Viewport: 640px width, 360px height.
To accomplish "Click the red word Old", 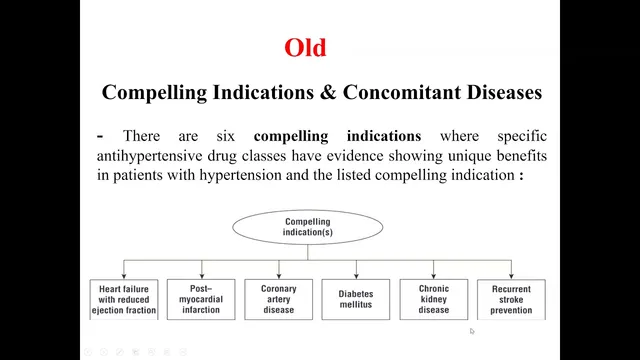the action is [x=305, y=47].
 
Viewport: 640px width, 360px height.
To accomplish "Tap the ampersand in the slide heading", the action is [x=328, y=92].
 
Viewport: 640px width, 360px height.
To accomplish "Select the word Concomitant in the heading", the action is [x=402, y=92].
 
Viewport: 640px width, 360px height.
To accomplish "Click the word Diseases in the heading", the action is [x=504, y=92].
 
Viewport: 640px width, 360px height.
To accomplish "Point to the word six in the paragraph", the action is [x=226, y=136].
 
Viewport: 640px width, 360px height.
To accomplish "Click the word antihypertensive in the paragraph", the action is [x=150, y=156].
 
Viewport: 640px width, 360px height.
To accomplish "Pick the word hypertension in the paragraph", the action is [x=240, y=176].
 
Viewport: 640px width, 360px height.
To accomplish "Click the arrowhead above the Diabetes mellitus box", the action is [x=356, y=276].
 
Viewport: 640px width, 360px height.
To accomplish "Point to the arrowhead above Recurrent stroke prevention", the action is [x=511, y=276].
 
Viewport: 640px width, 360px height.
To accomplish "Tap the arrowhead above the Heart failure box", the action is [x=124, y=276].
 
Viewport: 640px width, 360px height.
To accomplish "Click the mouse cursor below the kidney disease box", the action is [x=472, y=331].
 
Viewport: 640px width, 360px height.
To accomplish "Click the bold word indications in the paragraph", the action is [x=384, y=136].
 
